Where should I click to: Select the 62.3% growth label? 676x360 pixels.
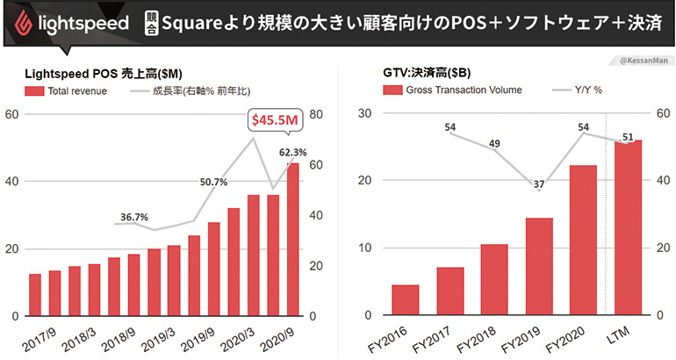click(293, 153)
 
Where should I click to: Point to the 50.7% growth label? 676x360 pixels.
click(213, 183)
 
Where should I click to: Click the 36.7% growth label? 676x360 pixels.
click(134, 217)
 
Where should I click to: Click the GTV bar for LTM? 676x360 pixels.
click(628, 227)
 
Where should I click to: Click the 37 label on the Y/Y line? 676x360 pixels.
click(538, 184)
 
